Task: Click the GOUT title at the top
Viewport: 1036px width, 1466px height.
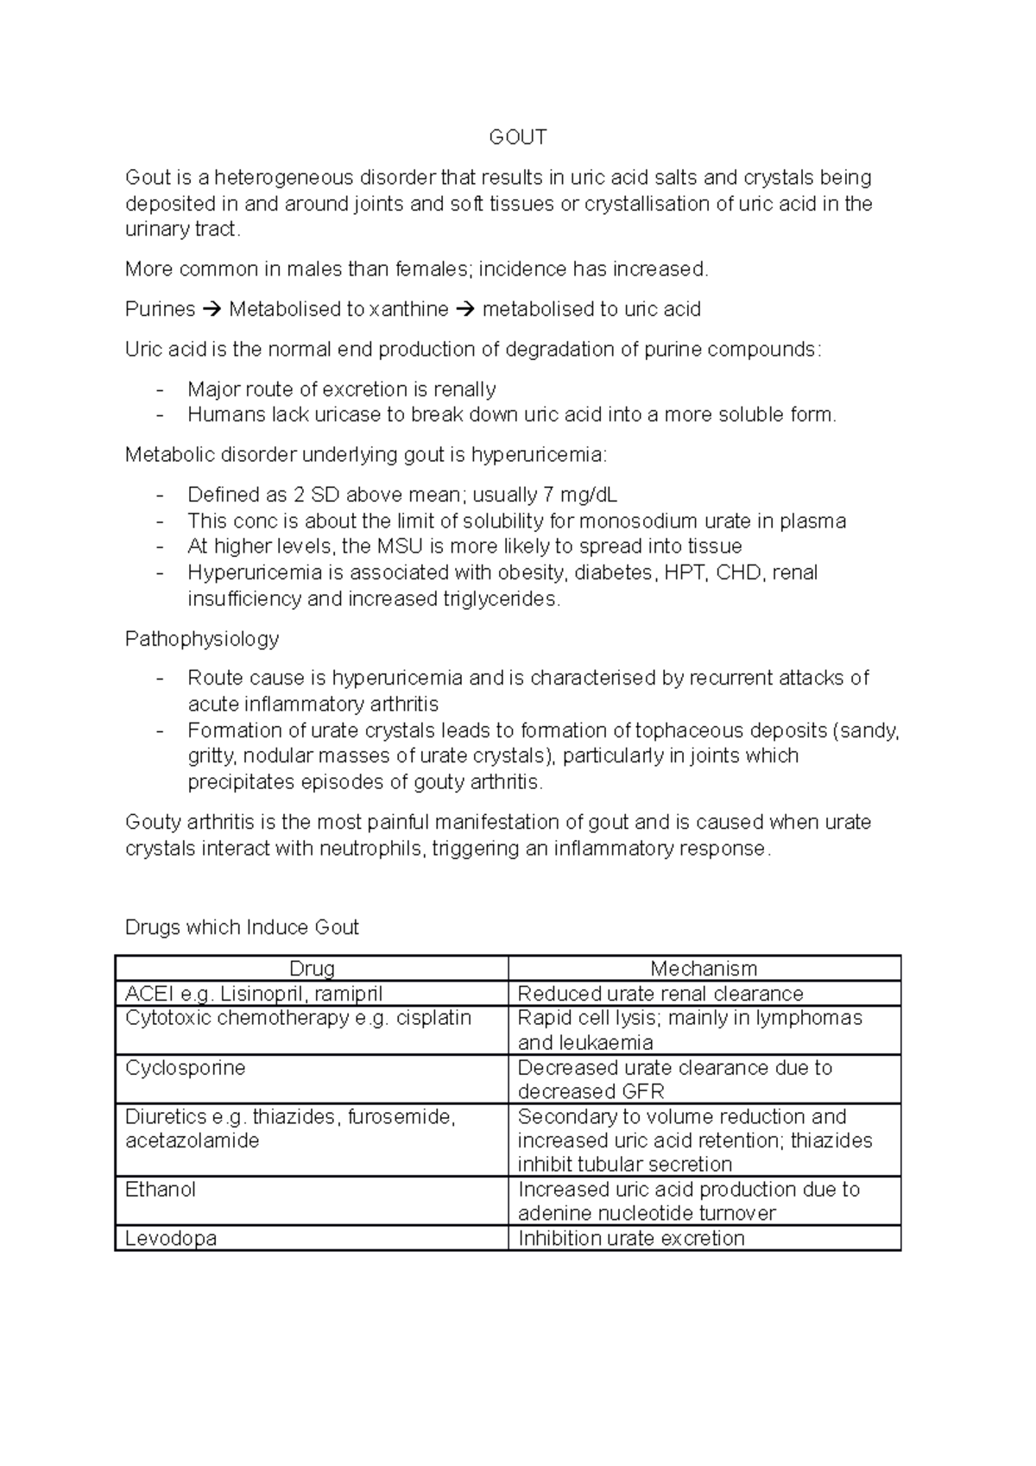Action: (x=517, y=137)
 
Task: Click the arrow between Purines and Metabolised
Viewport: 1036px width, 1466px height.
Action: (x=212, y=309)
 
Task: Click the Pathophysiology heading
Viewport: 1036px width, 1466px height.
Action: (x=202, y=639)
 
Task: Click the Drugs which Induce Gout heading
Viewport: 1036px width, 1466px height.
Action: (x=242, y=927)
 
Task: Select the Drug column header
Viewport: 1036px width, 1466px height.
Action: (x=312, y=969)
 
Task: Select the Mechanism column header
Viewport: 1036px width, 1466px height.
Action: (x=704, y=969)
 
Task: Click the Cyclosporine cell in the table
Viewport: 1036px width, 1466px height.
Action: (x=185, y=1068)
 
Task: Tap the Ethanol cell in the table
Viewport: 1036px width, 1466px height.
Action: (x=161, y=1190)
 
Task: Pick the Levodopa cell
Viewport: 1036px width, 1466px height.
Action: (x=171, y=1238)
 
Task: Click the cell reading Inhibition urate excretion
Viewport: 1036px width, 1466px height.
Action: (x=631, y=1238)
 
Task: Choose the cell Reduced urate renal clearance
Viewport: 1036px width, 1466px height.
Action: (x=660, y=994)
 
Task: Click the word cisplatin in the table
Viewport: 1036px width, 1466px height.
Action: (x=434, y=1018)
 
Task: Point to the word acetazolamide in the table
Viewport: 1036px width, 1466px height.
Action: (x=192, y=1141)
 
